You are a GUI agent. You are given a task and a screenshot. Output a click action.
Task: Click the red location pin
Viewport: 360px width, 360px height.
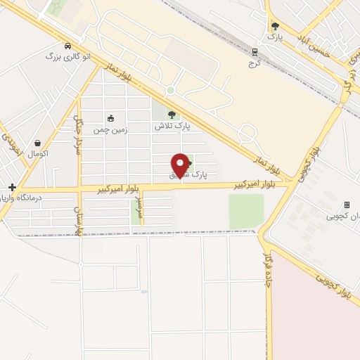tap(181, 165)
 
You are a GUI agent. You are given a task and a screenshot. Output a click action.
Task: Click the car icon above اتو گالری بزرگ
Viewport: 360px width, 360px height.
tap(67, 45)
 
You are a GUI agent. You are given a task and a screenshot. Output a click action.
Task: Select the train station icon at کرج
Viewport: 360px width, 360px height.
tap(255, 51)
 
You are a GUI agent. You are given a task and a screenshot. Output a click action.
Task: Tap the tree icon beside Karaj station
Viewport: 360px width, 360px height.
tap(274, 27)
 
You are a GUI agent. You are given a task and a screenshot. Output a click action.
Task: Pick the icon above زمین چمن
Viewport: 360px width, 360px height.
tap(110, 118)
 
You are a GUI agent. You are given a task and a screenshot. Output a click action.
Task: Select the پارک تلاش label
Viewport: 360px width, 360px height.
tap(173, 127)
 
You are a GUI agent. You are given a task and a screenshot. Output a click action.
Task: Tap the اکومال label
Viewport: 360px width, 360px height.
tap(38, 153)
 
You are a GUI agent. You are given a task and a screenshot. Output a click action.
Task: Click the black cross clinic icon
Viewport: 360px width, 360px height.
tap(12, 187)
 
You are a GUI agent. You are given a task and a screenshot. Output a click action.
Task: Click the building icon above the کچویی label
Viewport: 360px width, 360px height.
tap(347, 205)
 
